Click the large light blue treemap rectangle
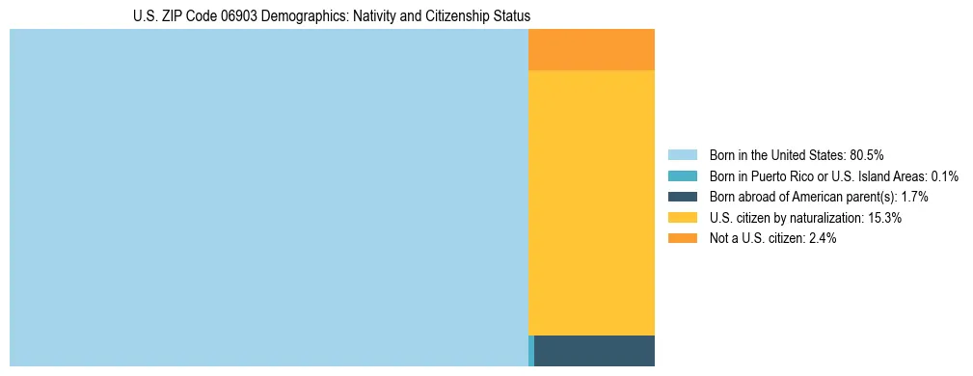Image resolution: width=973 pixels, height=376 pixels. [x=268, y=198]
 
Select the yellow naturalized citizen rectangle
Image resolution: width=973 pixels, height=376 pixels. [x=591, y=202]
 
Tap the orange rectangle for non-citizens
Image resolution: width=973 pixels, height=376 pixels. [x=591, y=50]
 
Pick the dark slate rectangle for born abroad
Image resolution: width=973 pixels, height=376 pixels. [x=594, y=351]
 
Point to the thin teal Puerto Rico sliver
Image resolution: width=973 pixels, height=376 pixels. [x=530, y=351]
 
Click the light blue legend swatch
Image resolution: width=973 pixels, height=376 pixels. [x=682, y=154]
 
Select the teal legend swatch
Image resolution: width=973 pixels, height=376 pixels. [x=682, y=175]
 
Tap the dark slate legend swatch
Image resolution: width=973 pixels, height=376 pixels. [x=682, y=197]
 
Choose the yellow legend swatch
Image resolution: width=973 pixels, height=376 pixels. [x=682, y=218]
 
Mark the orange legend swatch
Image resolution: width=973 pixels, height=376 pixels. [x=682, y=239]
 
